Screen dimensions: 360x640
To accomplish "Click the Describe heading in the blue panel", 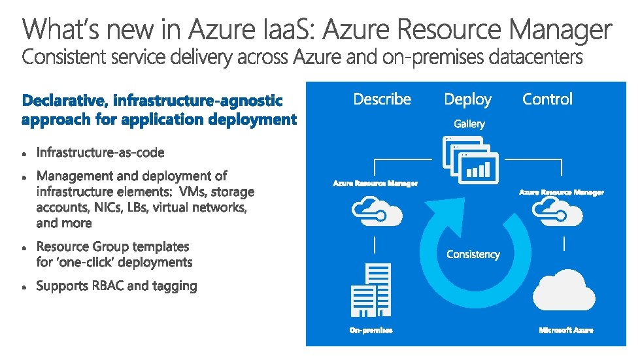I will pos(382,99).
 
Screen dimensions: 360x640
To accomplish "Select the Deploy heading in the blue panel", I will pos(467,99).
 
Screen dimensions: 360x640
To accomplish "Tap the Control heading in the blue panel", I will pos(547,99).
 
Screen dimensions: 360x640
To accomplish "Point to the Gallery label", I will pos(469,123).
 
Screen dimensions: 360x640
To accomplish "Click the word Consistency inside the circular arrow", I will pos(473,254).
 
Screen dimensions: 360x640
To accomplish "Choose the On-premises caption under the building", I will pos(371,331).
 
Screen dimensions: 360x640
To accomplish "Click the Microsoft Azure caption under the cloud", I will pos(566,331).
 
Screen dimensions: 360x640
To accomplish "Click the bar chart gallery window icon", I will pos(478,169).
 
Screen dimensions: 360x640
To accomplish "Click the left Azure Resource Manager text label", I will pos(375,184).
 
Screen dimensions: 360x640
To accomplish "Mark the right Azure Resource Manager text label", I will pos(562,192).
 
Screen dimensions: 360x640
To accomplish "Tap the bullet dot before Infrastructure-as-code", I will pos(24,154).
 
